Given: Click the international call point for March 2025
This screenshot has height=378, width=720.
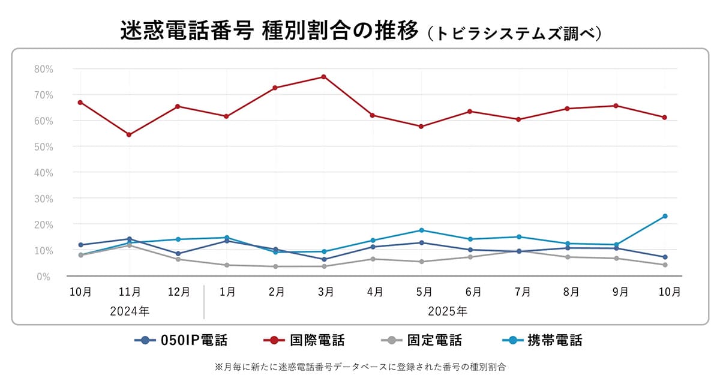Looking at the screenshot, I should [323, 77].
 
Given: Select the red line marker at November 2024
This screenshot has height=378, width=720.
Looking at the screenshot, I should [129, 134].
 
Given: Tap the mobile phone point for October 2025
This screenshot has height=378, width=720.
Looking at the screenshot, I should [665, 216].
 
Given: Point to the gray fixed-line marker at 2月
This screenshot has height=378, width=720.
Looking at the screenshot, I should [275, 266].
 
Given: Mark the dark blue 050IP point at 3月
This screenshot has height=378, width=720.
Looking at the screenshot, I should [324, 259].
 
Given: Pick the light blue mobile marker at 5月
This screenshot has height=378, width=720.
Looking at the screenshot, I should [421, 230].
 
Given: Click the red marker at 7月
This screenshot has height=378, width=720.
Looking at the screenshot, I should [518, 119].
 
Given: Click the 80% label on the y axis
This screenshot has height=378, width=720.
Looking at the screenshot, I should [43, 69].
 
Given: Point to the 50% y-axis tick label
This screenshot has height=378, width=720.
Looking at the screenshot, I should [43, 146].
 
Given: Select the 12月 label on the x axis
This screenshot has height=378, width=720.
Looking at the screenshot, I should [178, 292].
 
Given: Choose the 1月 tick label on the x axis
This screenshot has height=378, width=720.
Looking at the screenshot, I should [227, 292].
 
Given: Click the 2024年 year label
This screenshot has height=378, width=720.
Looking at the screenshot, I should [130, 311].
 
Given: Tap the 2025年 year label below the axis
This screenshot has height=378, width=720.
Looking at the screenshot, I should [447, 311].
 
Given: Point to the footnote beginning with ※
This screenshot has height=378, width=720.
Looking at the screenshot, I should [360, 366].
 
